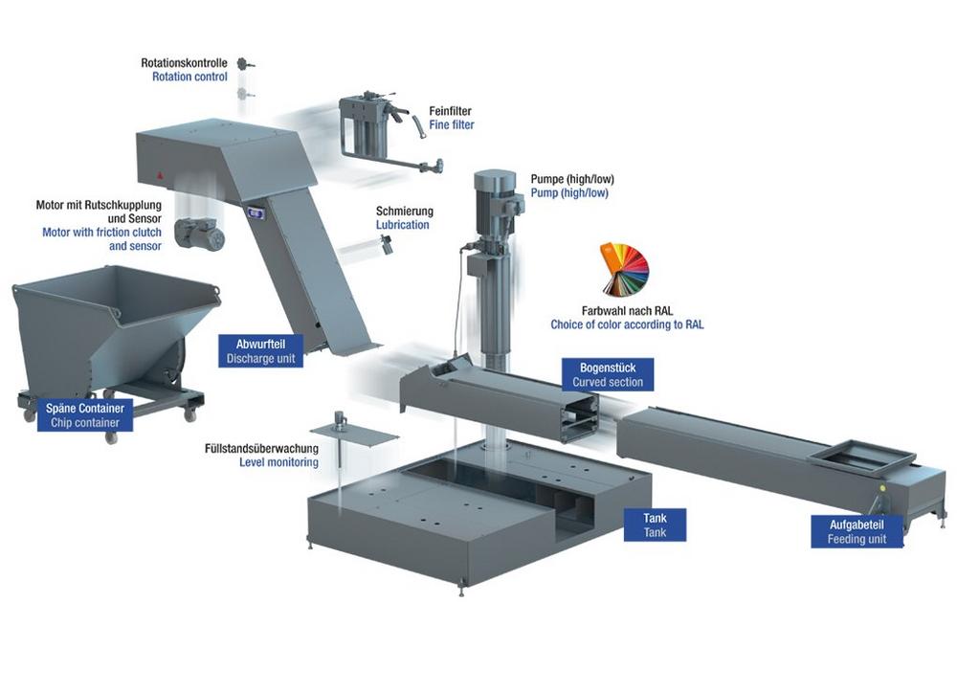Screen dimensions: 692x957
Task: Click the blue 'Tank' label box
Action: point(655,525)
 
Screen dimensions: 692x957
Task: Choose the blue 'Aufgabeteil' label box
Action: point(857,531)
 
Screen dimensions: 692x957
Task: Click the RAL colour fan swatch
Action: point(624,270)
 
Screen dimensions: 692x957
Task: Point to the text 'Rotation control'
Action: point(189,77)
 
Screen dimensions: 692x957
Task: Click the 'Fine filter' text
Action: point(451,125)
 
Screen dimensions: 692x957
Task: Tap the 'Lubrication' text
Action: point(402,225)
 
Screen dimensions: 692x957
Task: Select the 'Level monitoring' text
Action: point(278,463)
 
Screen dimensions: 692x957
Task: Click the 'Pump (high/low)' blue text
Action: point(569,193)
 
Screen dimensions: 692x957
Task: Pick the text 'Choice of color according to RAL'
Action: point(627,325)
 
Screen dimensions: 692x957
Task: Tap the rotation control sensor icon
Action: point(246,65)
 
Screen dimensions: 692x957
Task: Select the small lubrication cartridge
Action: point(386,245)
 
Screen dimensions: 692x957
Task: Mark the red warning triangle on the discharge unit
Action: point(160,178)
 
